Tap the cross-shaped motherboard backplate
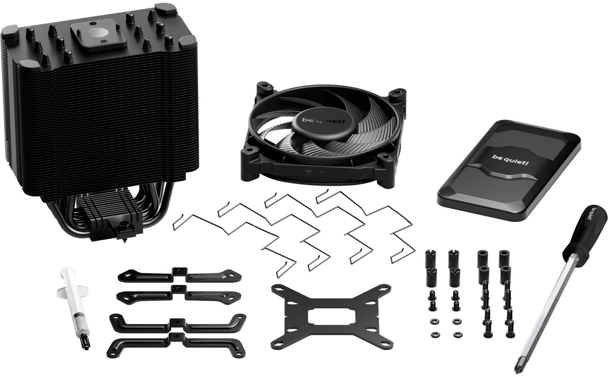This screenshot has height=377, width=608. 331,317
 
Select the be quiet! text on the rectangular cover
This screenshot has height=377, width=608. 510,160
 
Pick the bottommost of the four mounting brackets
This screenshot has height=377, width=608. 176,344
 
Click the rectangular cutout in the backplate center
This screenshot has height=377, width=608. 331,317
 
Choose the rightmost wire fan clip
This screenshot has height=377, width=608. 366,225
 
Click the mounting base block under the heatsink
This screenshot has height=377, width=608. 117,228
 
